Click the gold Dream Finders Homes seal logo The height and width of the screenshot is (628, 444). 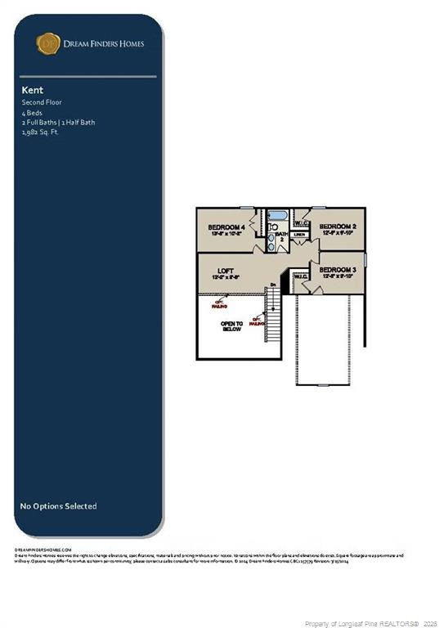pos(48,43)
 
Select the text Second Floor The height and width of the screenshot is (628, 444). pos(42,102)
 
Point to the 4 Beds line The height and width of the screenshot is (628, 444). pos(31,113)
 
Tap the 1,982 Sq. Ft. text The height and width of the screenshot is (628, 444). pos(40,131)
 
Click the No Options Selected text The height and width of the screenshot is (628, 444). pos(58,506)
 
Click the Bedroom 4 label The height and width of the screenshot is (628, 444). pos(226,227)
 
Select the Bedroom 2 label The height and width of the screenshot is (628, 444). pos(337,227)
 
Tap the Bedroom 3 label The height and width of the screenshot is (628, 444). pos(337,270)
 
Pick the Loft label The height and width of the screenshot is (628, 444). pos(226,270)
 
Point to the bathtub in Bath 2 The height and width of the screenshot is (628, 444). pos(275,219)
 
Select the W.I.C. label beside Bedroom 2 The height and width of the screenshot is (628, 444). pos(299,222)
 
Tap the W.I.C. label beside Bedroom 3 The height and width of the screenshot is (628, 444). pos(300,276)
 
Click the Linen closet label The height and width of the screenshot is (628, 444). pos(299,235)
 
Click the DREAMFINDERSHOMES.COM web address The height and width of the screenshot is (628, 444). pos(43,550)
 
